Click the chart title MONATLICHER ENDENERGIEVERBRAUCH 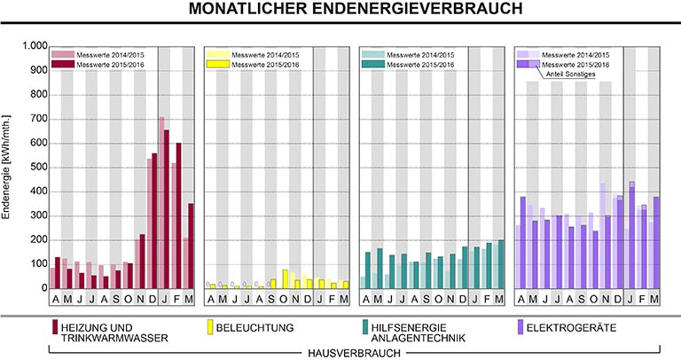coord(340,11)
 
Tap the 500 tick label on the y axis coord(35,167)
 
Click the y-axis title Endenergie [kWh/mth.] coord(8,168)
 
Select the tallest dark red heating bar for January coord(167,209)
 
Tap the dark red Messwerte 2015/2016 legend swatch coord(63,65)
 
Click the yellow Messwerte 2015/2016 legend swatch coord(217,65)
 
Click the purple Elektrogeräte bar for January coord(632,235)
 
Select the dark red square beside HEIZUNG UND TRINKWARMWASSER coord(55,327)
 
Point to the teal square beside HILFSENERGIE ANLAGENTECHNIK coord(365,327)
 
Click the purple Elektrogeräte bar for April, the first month coord(523,242)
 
